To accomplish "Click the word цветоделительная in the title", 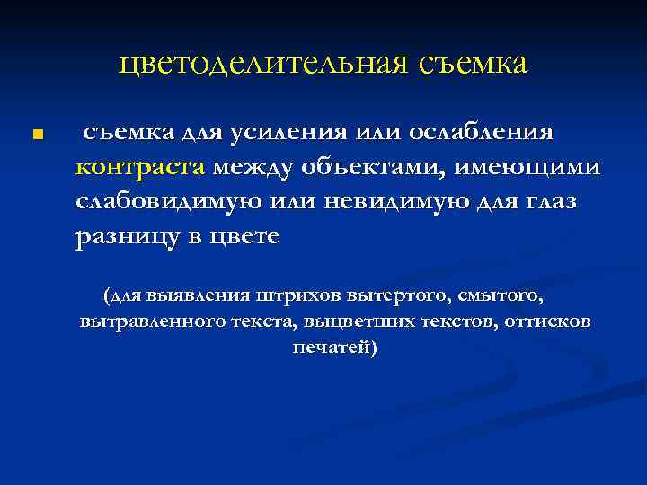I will coord(260,65).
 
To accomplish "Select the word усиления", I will coord(279,133).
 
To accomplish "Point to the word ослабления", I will coord(484,133).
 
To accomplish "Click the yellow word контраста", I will coord(141,167).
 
